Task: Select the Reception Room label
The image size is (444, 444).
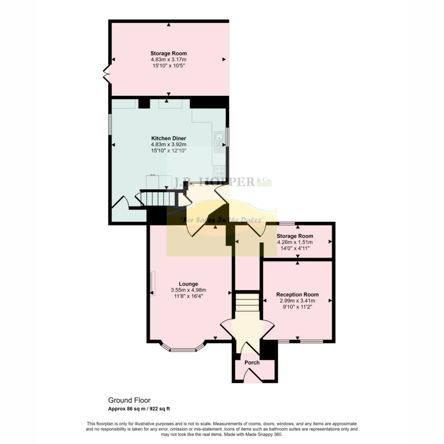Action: [297, 294]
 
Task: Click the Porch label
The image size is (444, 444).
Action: [252, 362]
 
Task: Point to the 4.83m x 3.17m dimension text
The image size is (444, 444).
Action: [168, 59]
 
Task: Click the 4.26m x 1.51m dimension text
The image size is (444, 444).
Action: [294, 242]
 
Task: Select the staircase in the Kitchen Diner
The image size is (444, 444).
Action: [156, 199]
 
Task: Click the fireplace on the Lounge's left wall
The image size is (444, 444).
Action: [152, 284]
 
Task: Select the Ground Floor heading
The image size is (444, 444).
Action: [129, 401]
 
